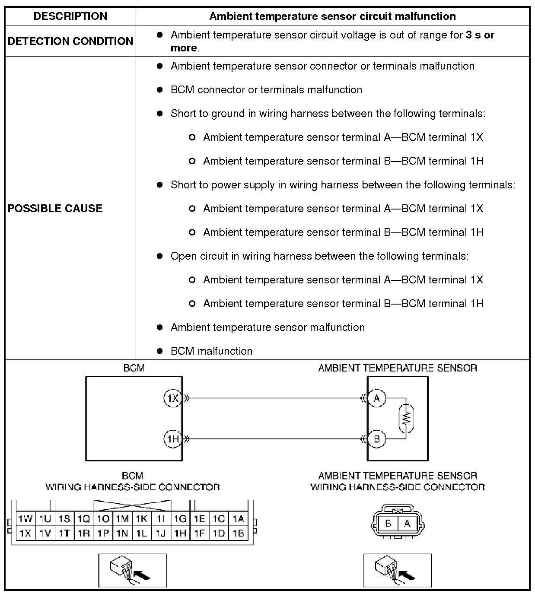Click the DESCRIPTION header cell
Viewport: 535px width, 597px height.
click(x=70, y=16)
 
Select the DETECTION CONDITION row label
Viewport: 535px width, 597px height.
click(x=70, y=41)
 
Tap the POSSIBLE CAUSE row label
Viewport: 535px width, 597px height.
click(x=55, y=208)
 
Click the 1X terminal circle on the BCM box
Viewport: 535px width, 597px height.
click(x=173, y=398)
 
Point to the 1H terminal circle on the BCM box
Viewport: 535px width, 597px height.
click(x=173, y=439)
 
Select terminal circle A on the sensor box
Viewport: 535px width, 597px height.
click(x=377, y=398)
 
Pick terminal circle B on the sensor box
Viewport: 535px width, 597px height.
click(x=377, y=439)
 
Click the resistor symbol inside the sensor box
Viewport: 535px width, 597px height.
click(x=406, y=418)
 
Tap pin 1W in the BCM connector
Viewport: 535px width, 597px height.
click(x=25, y=518)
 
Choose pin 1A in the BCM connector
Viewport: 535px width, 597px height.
click(x=238, y=518)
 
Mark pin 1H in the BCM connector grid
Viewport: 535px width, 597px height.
click(x=180, y=533)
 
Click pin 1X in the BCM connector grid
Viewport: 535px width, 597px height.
click(x=25, y=533)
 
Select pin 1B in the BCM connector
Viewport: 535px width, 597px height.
click(x=238, y=533)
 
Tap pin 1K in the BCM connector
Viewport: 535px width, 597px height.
click(x=142, y=518)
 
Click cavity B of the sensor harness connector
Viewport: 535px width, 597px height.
click(x=388, y=524)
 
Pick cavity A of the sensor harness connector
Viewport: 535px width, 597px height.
click(x=407, y=524)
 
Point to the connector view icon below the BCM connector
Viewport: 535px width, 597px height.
click(x=132, y=571)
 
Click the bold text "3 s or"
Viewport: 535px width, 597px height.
click(x=480, y=35)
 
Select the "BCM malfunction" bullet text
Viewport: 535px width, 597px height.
click(x=211, y=351)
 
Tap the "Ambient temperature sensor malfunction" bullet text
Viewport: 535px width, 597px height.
click(x=267, y=327)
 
